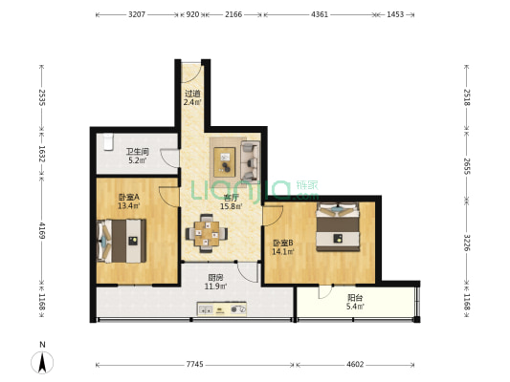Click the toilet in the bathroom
(108, 142)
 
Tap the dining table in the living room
(207, 233)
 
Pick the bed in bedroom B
(338, 227)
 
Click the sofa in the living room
(250, 161)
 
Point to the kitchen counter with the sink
(221, 309)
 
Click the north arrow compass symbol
(42, 362)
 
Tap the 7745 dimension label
(195, 365)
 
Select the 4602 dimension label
(355, 365)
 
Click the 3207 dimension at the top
(137, 14)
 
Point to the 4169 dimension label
(42, 230)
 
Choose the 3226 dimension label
(467, 243)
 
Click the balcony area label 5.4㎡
(355, 307)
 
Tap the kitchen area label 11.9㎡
(215, 286)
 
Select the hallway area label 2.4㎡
(192, 102)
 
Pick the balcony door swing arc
(324, 292)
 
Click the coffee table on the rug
(225, 162)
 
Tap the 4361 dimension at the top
(320, 14)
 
